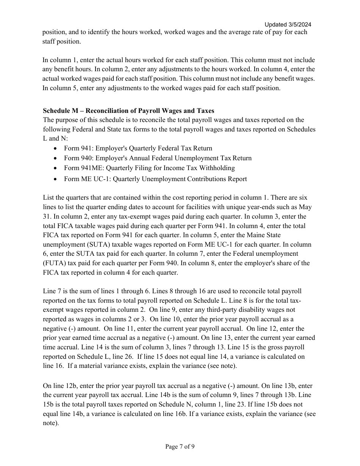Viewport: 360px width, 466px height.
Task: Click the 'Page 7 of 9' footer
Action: click(x=180, y=447)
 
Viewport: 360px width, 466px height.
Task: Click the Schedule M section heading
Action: click(x=128, y=111)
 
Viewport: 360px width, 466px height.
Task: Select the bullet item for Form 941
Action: click(x=138, y=148)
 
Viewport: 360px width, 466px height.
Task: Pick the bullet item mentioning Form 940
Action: click(x=158, y=158)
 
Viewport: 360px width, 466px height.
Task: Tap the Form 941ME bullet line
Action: click(x=149, y=168)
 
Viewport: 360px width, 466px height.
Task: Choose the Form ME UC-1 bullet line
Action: click(x=155, y=179)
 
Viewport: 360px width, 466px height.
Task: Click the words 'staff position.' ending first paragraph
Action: click(x=61, y=41)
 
